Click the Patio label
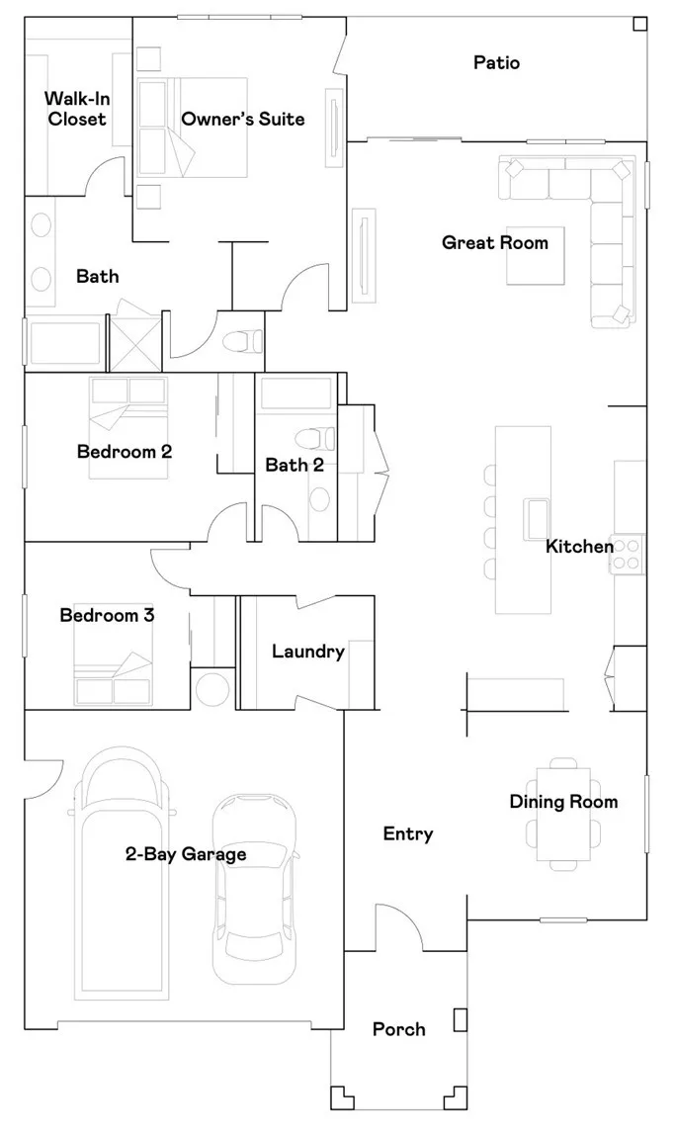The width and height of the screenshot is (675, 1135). (496, 63)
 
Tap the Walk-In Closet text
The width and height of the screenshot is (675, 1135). (74, 109)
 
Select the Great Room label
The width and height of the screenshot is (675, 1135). (494, 242)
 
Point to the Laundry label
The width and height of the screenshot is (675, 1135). (307, 652)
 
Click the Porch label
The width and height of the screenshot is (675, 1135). (398, 1030)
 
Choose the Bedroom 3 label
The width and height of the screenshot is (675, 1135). (107, 616)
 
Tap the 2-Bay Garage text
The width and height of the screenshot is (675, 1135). (186, 854)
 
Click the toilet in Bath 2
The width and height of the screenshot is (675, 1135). (314, 436)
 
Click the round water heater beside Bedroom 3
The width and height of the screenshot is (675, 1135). (211, 689)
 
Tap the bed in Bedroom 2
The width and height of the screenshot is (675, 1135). (130, 427)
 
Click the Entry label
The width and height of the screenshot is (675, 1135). (408, 834)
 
